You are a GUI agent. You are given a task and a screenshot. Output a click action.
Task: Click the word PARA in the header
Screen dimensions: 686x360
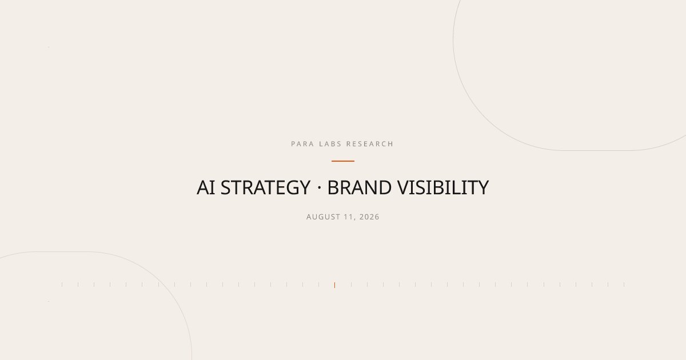[302, 144]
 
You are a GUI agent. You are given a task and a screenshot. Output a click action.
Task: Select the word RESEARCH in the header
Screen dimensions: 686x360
[370, 144]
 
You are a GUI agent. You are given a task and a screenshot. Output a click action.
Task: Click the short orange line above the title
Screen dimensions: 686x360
[342, 161]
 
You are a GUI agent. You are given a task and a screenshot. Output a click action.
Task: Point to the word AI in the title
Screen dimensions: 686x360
[205, 187]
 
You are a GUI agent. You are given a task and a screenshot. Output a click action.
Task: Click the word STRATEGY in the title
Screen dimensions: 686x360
[265, 187]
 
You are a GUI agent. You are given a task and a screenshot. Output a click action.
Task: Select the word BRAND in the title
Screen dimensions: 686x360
[359, 187]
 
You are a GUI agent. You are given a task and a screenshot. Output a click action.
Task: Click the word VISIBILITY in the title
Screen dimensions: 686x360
[443, 187]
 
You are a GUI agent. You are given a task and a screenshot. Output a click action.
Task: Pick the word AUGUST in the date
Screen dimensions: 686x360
[323, 217]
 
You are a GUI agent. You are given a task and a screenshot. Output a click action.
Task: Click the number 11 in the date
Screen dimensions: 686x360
[349, 217]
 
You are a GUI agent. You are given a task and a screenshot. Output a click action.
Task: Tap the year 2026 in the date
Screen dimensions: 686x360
[369, 217]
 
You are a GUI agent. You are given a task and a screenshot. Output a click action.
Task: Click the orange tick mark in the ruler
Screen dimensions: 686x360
[334, 285]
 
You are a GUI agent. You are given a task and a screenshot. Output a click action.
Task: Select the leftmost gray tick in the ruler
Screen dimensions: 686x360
[62, 285]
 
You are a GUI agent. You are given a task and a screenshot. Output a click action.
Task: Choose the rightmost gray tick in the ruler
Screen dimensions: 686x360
[624, 285]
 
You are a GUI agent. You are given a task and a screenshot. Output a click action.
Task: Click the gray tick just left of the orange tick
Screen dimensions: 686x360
[318, 285]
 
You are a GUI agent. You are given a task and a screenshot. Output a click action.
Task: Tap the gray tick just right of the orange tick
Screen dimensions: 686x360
[351, 285]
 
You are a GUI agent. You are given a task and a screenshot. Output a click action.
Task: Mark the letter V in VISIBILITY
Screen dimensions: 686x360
[404, 187]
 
